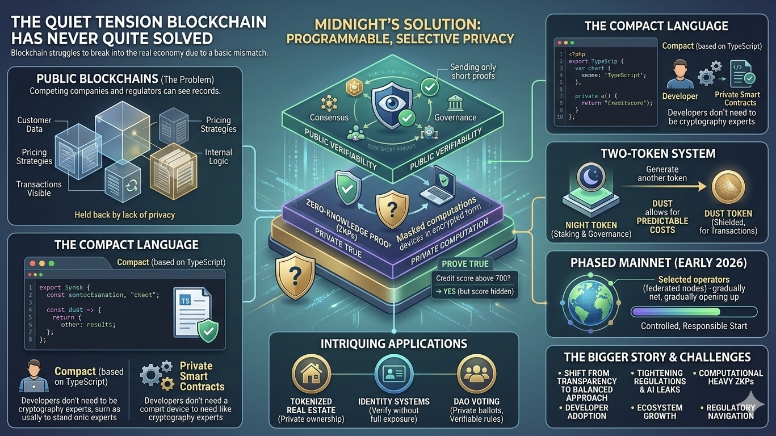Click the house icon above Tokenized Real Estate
pyautogui.click(x=311, y=375)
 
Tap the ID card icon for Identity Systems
pyautogui.click(x=393, y=375)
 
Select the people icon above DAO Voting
pyautogui.click(x=476, y=375)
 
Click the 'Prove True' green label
pyautogui.click(x=465, y=264)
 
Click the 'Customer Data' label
pyautogui.click(x=34, y=124)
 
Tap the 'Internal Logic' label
pyautogui.click(x=219, y=157)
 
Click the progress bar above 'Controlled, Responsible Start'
pyautogui.click(x=694, y=312)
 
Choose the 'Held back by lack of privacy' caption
pyautogui.click(x=124, y=215)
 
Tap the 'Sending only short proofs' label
pyautogui.click(x=472, y=72)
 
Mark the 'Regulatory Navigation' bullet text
pyautogui.click(x=731, y=412)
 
